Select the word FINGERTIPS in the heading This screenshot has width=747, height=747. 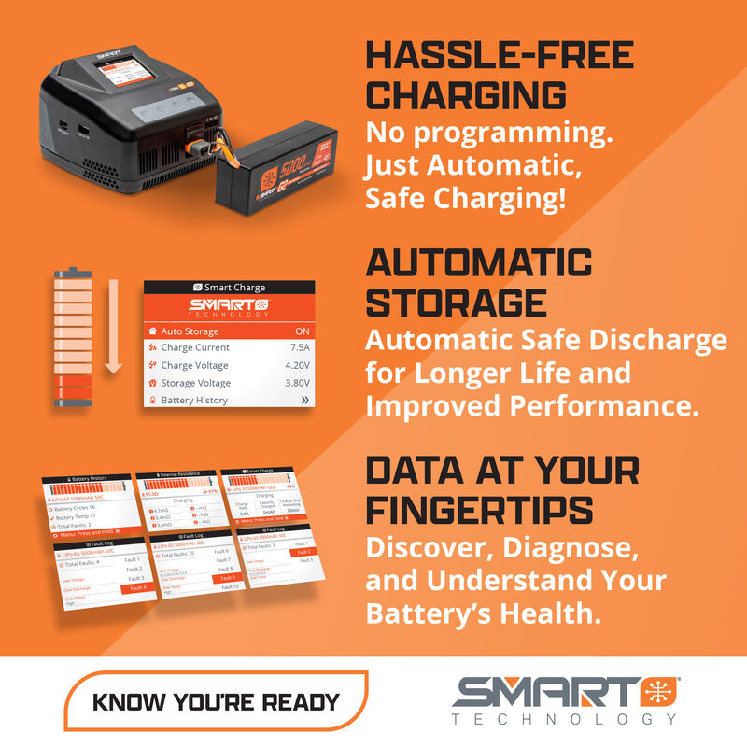(x=479, y=509)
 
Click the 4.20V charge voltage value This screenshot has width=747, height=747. (x=297, y=365)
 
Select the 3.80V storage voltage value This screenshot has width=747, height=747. (x=297, y=383)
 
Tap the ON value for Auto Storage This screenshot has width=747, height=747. (x=302, y=331)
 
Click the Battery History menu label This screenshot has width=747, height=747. (x=194, y=400)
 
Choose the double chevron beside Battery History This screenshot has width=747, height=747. (x=303, y=400)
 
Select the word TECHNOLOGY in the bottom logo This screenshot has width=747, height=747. (x=564, y=719)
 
